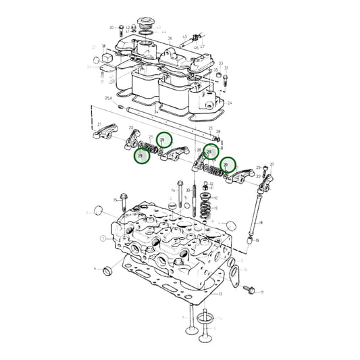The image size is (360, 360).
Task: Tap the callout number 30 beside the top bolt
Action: click(x=111, y=28)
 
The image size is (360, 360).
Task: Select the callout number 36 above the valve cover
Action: click(x=170, y=39)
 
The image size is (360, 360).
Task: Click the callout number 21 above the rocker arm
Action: click(x=99, y=124)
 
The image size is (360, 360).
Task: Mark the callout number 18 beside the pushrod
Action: click(x=261, y=222)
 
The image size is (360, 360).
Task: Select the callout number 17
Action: click(x=261, y=293)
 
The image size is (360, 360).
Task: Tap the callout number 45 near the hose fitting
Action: click(x=195, y=49)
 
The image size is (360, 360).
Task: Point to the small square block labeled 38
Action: click(x=105, y=59)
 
